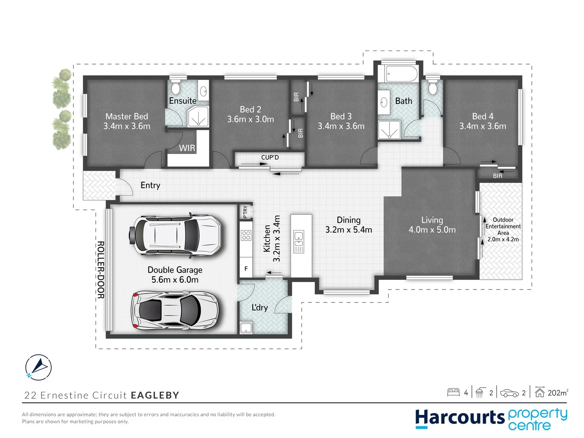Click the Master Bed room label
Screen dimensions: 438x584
[127, 116]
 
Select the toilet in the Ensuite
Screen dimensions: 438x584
[176, 87]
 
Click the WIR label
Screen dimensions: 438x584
[187, 148]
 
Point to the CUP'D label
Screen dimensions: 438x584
[270, 157]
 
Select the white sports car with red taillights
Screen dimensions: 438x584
[175, 311]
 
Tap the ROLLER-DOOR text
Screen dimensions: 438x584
[101, 270]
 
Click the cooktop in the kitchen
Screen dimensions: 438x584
[246, 235]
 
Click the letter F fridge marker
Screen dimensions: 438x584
[246, 269]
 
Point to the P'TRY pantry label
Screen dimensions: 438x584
[245, 212]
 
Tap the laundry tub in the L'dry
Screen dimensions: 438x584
[246, 328]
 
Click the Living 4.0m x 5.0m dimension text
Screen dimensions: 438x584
[432, 230]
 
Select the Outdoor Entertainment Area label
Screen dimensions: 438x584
[503, 226]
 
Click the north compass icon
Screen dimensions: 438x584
[39, 367]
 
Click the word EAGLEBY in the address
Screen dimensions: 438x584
[155, 395]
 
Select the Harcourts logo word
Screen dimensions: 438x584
[459, 418]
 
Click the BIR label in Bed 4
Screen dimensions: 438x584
[498, 176]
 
